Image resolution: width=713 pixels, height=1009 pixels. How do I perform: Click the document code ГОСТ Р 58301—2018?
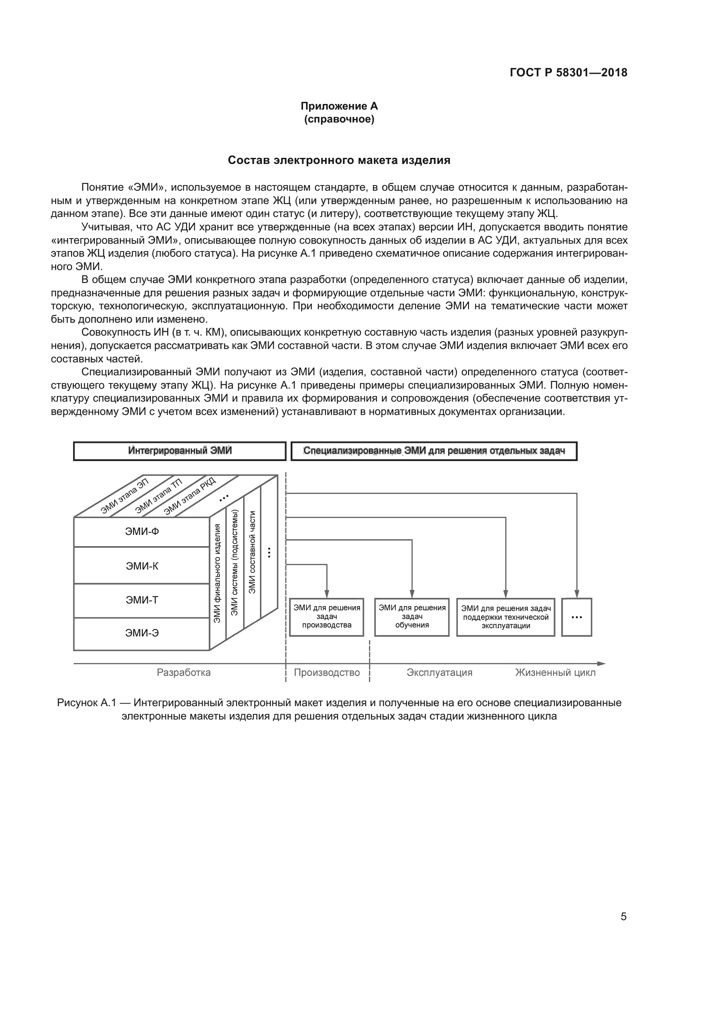[x=568, y=72]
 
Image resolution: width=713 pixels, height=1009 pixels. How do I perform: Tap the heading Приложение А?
[x=339, y=106]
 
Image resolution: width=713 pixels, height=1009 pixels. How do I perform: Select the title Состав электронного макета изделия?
[x=339, y=160]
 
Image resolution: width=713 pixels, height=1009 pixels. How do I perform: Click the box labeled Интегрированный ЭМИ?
[x=180, y=451]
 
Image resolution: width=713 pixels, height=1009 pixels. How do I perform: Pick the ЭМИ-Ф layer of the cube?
[x=141, y=532]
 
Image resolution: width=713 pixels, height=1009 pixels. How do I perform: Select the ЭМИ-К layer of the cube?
[x=141, y=566]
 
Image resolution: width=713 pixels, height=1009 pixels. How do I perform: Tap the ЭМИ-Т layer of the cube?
[x=141, y=600]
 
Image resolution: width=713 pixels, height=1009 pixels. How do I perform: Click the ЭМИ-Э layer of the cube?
[x=141, y=633]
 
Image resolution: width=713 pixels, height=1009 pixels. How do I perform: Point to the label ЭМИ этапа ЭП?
[x=125, y=496]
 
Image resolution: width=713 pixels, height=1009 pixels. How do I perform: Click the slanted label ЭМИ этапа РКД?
[x=190, y=496]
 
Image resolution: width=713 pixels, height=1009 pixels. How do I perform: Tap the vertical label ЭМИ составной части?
[x=252, y=552]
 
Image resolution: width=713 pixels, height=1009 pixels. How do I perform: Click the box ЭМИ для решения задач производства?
[x=327, y=616]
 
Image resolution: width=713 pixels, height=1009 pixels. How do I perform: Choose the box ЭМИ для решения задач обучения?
[x=412, y=616]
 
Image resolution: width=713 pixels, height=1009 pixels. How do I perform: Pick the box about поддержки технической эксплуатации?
[x=506, y=617]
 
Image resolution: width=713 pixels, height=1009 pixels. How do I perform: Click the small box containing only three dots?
[x=576, y=617]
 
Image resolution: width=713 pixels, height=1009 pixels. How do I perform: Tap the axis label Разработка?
[x=184, y=673]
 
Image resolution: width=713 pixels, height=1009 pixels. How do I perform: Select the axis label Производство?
[x=327, y=673]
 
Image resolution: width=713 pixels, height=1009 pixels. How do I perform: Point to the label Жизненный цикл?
[x=555, y=673]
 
